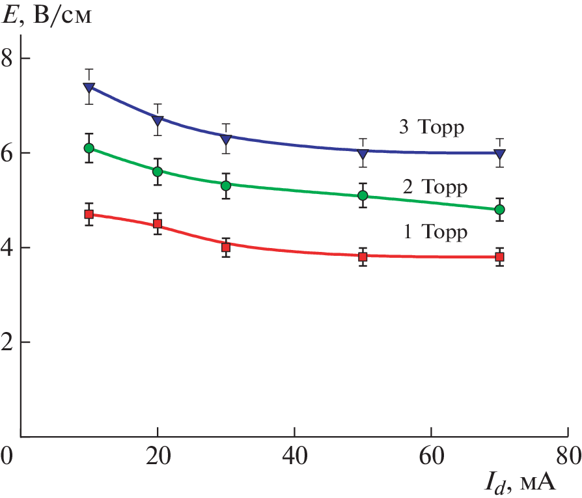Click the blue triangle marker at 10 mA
click(x=89, y=88)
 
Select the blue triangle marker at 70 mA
click(x=499, y=154)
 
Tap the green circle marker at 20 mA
click(x=158, y=171)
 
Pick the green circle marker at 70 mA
click(x=499, y=210)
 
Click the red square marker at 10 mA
click(x=89, y=214)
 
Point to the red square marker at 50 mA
click(x=363, y=256)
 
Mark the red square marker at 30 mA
click(x=226, y=247)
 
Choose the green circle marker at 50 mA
click(x=363, y=195)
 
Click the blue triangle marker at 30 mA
click(x=226, y=139)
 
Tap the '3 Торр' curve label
click(x=431, y=128)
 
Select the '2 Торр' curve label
click(x=435, y=188)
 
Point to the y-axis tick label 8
click(x=8, y=59)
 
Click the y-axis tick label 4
click(x=8, y=248)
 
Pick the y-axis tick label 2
click(x=8, y=342)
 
